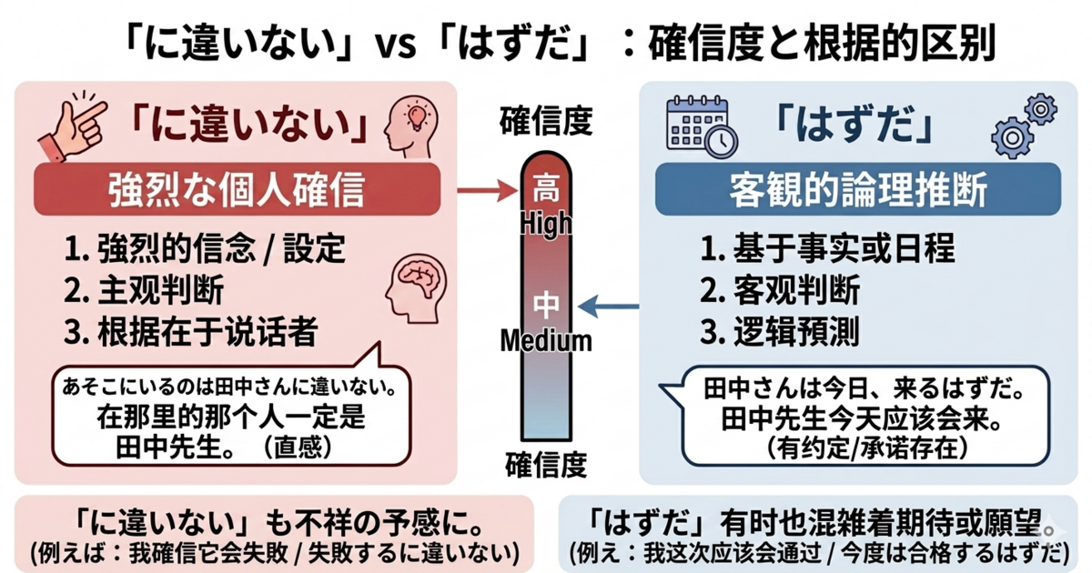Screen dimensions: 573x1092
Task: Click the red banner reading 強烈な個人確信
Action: [x=237, y=190]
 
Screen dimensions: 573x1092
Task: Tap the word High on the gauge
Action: [x=547, y=221]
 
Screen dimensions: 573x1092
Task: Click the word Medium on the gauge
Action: [x=547, y=341]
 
